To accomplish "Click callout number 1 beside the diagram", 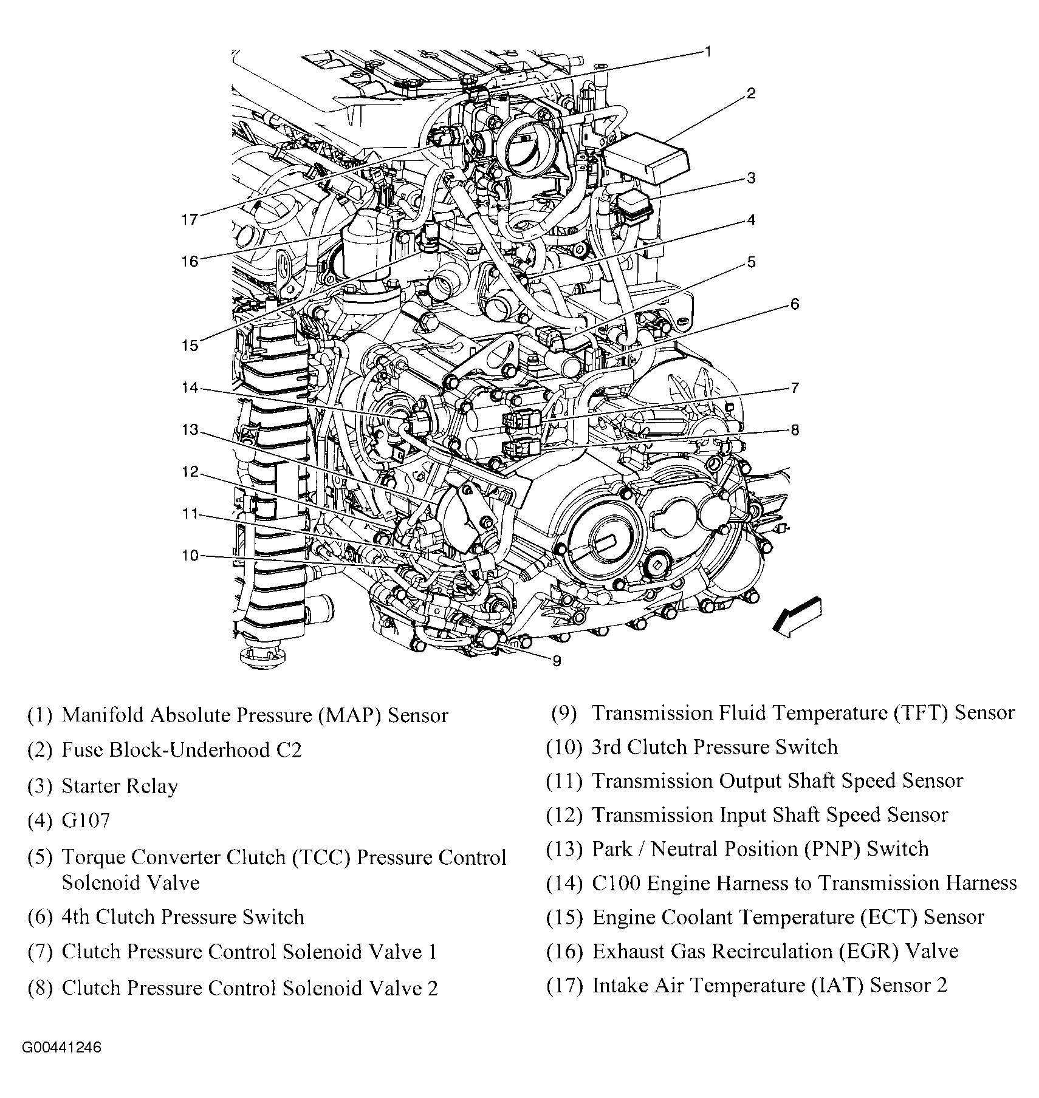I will pos(707,52).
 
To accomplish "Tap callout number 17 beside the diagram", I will pos(190,219).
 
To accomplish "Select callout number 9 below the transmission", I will pos(557,661).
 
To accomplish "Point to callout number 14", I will pos(190,387).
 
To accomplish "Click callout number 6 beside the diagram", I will pos(795,304).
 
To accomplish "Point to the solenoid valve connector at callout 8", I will pos(521,449).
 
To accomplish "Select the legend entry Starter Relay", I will pos(120,786).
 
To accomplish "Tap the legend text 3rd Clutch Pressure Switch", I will pos(715,746).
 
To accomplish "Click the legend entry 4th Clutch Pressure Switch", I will pos(182,916).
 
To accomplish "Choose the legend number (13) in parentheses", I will pos(564,848).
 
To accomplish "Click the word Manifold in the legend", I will pos(103,715).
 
